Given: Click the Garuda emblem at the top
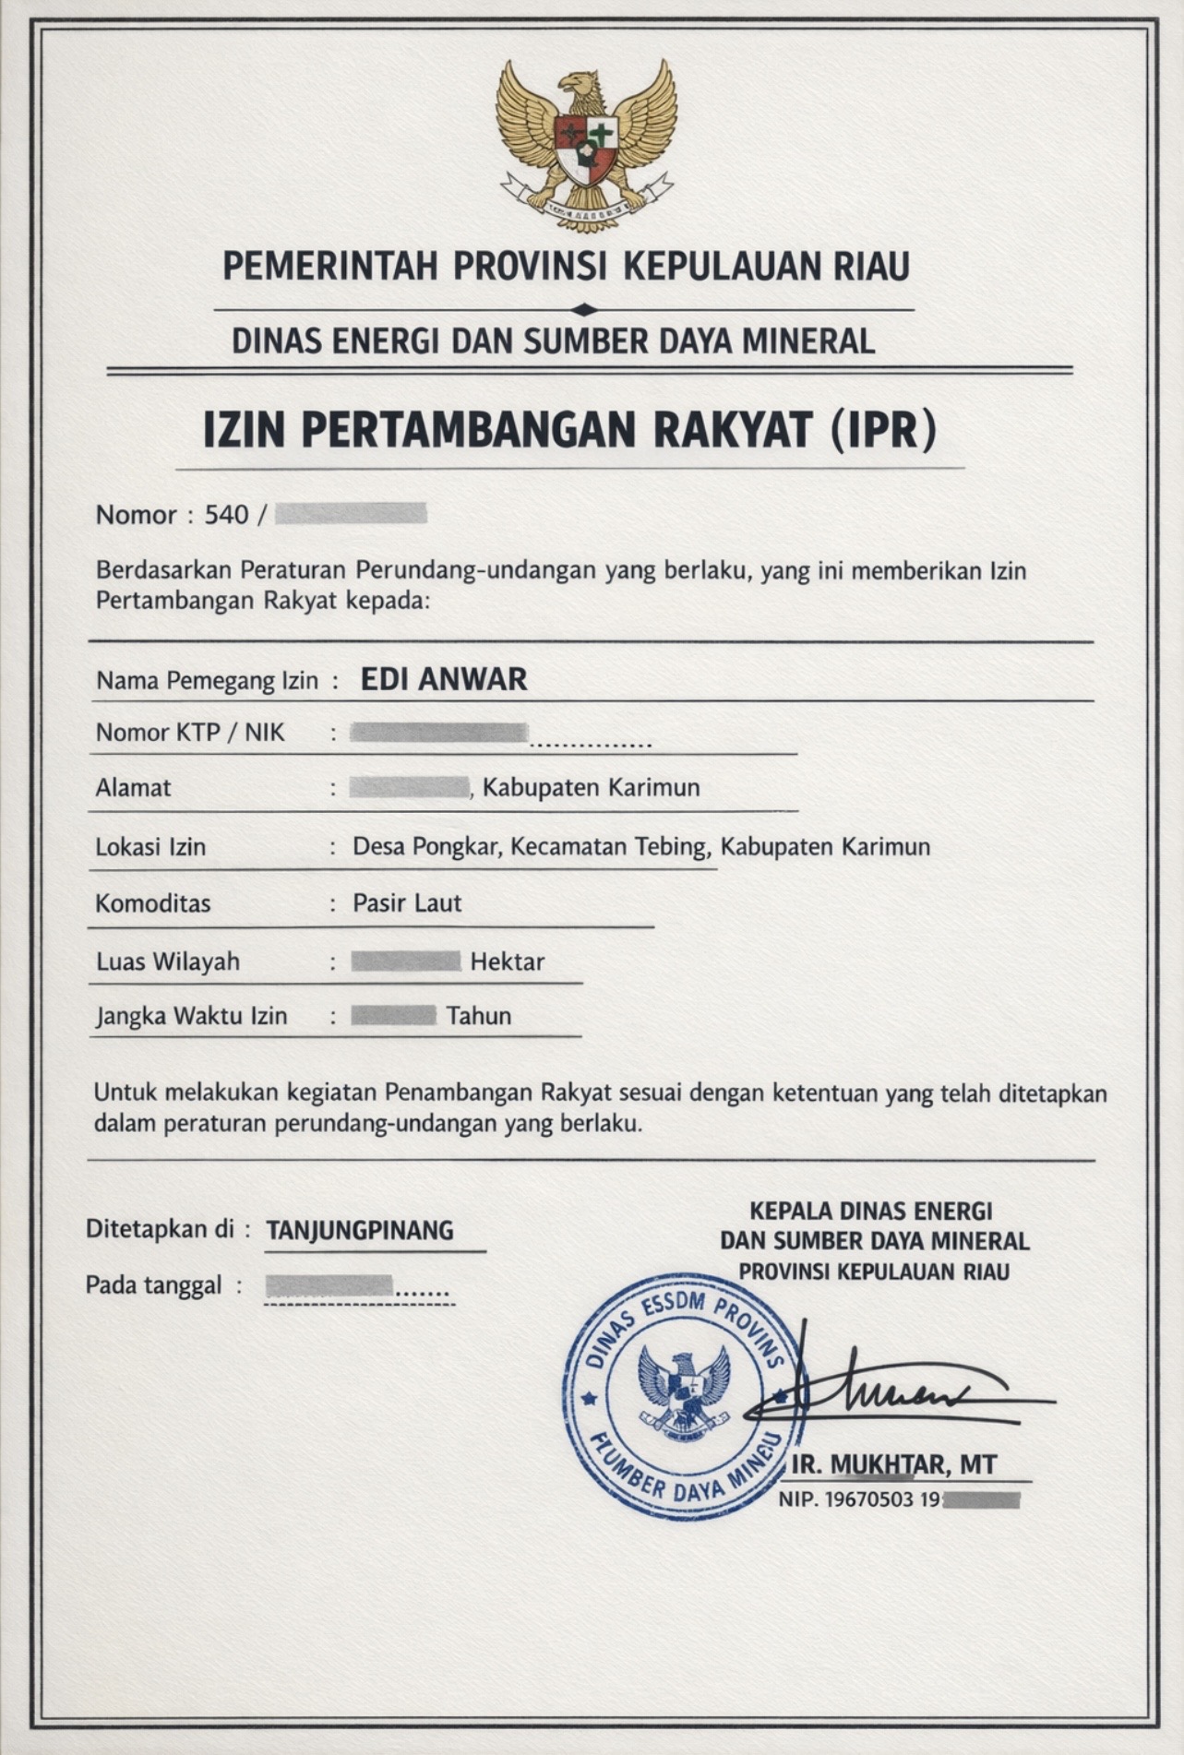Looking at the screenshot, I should click(x=586, y=145).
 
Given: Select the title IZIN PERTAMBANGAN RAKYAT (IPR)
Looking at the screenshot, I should click(x=569, y=430).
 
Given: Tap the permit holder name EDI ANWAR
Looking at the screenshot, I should click(x=443, y=680).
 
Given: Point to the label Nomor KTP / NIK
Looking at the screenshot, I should click(x=190, y=733).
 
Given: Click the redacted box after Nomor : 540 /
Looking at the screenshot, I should click(x=351, y=514).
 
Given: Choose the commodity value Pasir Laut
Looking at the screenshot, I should click(x=407, y=903).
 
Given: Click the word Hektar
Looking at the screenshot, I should click(x=508, y=962).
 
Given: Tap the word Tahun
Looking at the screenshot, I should click(x=479, y=1017).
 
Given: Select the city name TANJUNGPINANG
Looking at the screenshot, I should click(x=360, y=1231).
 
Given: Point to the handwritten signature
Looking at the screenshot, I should click(x=886, y=1389).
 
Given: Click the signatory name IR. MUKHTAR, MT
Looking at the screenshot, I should click(x=894, y=1465).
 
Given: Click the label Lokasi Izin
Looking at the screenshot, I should click(x=150, y=847).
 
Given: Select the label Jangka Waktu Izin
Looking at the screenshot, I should click(x=192, y=1017).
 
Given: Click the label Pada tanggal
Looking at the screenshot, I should click(x=153, y=1285).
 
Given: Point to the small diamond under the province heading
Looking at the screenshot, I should click(x=584, y=310).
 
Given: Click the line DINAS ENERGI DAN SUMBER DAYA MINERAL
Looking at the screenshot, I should click(x=553, y=342).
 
